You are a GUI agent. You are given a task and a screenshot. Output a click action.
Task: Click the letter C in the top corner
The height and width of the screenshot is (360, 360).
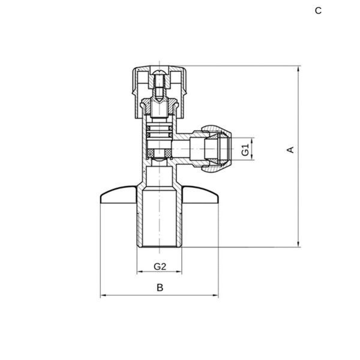click(318, 11)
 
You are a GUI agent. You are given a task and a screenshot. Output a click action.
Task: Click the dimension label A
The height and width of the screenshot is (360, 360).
click(290, 149)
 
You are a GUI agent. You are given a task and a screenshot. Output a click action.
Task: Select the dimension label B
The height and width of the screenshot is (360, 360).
click(160, 287)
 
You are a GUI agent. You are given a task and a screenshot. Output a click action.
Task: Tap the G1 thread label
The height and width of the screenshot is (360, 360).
click(245, 149)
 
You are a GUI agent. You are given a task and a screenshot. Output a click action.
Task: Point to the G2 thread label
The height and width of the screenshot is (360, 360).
click(160, 266)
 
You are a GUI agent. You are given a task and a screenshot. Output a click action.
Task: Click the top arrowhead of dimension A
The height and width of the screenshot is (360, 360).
click(298, 68)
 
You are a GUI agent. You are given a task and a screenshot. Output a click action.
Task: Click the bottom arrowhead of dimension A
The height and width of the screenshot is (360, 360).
click(298, 245)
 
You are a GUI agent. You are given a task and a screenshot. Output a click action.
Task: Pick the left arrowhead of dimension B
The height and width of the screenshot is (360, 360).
click(103, 295)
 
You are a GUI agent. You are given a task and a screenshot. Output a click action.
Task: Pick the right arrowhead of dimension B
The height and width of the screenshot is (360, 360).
click(215, 295)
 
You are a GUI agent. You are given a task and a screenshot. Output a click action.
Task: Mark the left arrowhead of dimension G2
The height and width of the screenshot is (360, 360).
click(140, 272)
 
